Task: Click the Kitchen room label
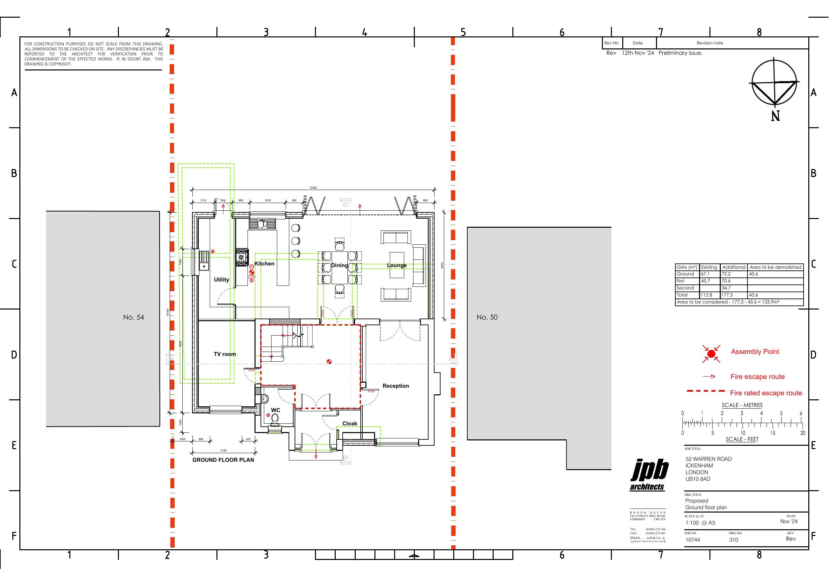tap(264, 263)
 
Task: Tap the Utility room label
tap(221, 279)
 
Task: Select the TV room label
tap(224, 354)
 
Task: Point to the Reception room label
tap(396, 386)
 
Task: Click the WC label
tap(276, 410)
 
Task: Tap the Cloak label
tap(349, 423)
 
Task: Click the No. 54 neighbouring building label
tap(133, 317)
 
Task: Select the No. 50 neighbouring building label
tap(487, 317)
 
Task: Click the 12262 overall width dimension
tap(313, 188)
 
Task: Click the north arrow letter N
tap(775, 116)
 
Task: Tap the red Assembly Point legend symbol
tap(711, 354)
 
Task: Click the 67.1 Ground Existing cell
tap(705, 274)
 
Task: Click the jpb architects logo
tap(649, 475)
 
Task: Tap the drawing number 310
tap(733, 540)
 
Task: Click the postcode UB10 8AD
tap(698, 479)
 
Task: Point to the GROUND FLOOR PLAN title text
tap(223, 460)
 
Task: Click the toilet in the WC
tap(275, 418)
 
